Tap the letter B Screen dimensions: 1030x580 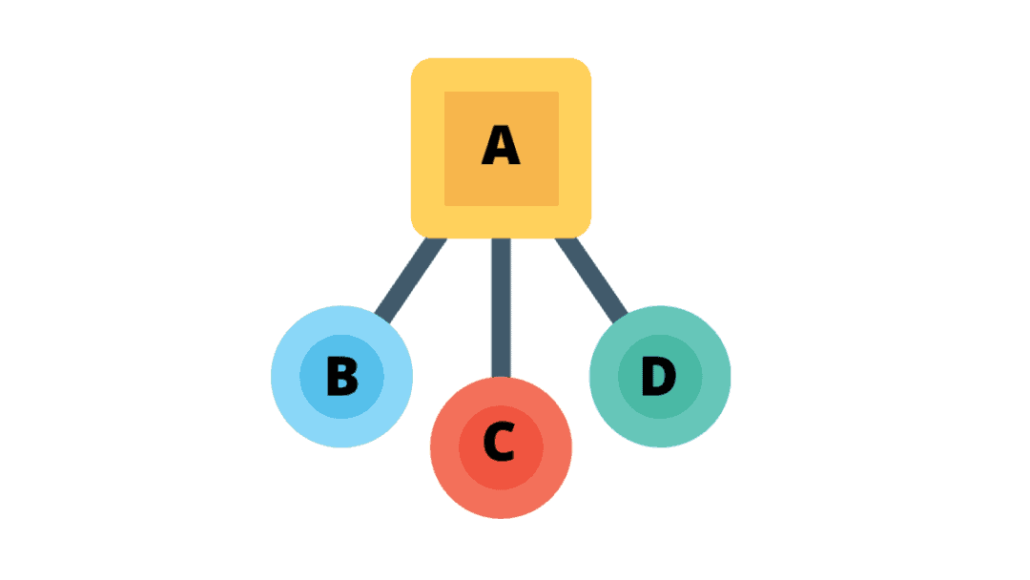342,376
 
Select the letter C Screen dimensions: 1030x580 499,442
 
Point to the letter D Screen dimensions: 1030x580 659,376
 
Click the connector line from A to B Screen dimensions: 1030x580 411,280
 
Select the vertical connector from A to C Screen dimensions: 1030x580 502,307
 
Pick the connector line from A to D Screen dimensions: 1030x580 591,280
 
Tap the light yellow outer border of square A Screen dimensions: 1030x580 427,148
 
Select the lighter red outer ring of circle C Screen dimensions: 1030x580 444,447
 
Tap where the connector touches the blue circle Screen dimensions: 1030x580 382,318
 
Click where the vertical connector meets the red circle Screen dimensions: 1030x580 502,377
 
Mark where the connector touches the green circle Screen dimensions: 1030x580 621,318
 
